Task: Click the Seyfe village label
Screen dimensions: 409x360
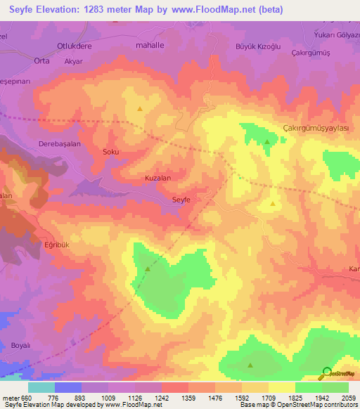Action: (x=181, y=200)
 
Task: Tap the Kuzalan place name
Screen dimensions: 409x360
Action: (x=157, y=178)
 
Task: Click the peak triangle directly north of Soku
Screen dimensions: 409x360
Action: (x=139, y=109)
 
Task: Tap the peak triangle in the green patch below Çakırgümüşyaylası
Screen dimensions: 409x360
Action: (x=267, y=142)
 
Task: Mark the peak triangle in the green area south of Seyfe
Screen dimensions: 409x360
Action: (x=148, y=268)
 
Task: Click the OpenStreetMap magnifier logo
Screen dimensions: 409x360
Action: (x=327, y=372)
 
